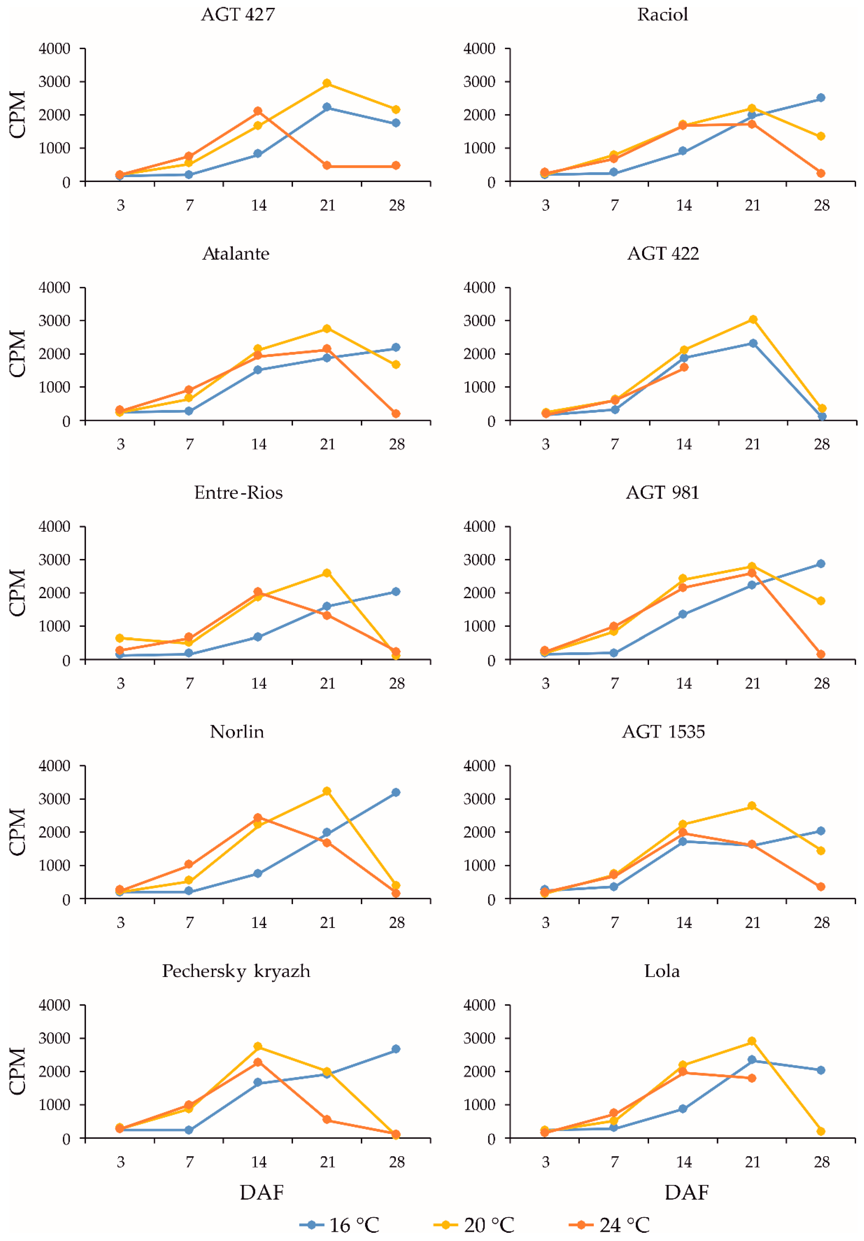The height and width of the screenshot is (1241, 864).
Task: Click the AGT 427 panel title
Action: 238,15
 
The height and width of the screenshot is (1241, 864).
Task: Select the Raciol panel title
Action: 663,15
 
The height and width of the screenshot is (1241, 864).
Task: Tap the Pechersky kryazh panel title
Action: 236,971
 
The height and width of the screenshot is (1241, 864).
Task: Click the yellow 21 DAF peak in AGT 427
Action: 327,83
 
